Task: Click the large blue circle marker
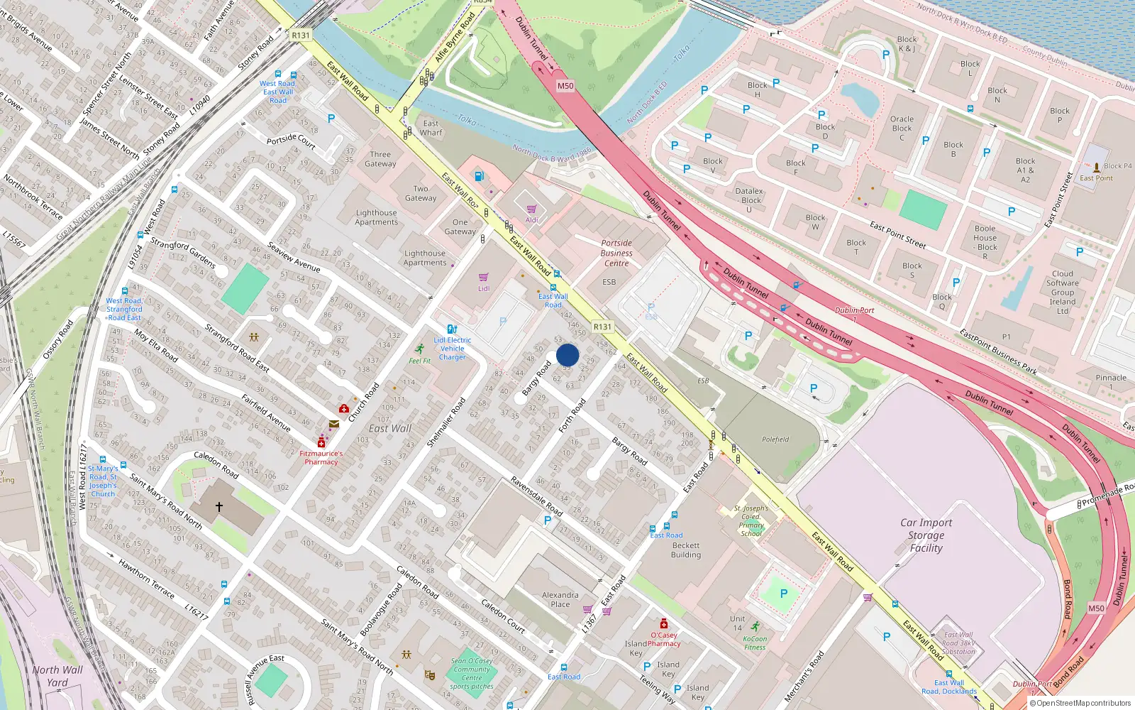[x=567, y=355]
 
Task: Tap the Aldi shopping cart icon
[x=531, y=209]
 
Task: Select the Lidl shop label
[x=484, y=288]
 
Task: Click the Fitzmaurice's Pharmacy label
[x=321, y=457]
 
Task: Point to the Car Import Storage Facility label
[x=926, y=535]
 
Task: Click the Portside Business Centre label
[x=616, y=253]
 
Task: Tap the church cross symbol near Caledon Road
[x=219, y=507]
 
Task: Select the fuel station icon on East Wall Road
[x=480, y=176]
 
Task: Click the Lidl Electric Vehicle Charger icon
[x=452, y=329]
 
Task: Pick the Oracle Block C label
[x=902, y=128]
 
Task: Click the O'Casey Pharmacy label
[x=664, y=639]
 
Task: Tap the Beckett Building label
[x=685, y=550]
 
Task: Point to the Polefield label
[x=775, y=439]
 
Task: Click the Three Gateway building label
[x=380, y=159]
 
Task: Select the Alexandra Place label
[x=560, y=600]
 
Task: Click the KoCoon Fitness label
[x=755, y=643]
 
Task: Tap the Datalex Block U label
[x=749, y=200]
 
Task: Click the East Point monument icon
[x=1097, y=168]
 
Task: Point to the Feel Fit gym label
[x=419, y=361]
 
